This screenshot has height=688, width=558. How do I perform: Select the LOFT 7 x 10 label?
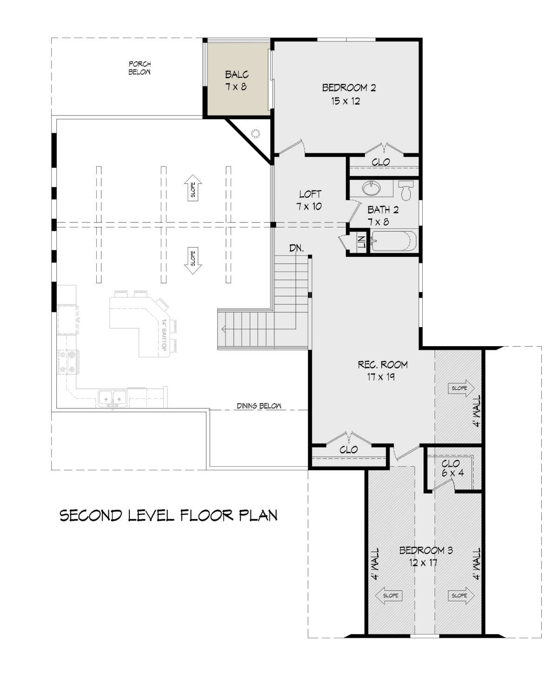pos(310,200)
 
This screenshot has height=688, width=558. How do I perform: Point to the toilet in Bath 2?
pos(406,190)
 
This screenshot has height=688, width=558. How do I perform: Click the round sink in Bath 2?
pos(372,188)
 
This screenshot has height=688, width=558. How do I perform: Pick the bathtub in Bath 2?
pos(393,241)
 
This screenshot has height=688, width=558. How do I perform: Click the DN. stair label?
pos(296,248)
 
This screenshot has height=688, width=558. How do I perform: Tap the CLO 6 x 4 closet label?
pos(452,468)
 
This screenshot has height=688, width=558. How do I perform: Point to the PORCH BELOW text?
pos(139,68)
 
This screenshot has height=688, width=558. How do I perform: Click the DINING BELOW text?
pos(259,406)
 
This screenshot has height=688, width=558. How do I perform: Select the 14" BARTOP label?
pos(164,335)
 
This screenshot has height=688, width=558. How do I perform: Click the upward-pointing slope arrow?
pos(193,188)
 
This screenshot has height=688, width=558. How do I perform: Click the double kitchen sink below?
pos(113,398)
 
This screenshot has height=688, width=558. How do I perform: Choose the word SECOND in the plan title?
pos(91,516)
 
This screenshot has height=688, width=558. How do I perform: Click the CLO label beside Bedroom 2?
pos(381,162)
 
